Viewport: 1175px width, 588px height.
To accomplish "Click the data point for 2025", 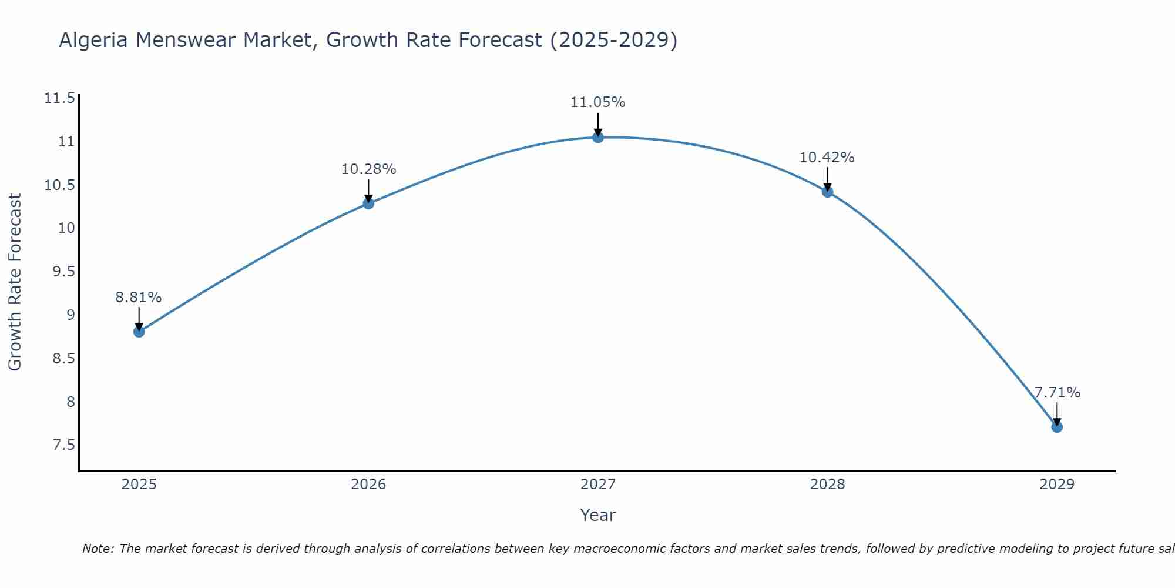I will (x=139, y=332).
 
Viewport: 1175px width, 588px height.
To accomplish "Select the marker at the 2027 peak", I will (x=598, y=138).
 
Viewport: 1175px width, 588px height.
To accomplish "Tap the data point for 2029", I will (x=1057, y=427).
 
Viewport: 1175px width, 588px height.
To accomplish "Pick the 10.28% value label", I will (x=368, y=169).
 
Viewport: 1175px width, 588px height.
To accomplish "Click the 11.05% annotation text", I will (x=597, y=102).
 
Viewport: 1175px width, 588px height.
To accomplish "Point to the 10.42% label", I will (x=827, y=158).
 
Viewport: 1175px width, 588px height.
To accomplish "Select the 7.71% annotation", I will (x=1057, y=393).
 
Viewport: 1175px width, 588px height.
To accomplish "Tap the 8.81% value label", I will (x=139, y=298).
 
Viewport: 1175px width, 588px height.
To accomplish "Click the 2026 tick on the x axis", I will (x=368, y=485).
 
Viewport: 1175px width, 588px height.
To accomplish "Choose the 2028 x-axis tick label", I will (x=827, y=485).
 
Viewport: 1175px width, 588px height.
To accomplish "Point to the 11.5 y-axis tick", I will (x=60, y=98).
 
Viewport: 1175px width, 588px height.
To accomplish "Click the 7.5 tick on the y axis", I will (x=64, y=445).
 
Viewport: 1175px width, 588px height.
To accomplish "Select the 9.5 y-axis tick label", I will (x=64, y=272).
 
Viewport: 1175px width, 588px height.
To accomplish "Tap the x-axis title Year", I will (x=597, y=515).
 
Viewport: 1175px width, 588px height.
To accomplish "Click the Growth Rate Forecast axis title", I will (x=15, y=282).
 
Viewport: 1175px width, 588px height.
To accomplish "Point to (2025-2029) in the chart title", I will (x=613, y=40).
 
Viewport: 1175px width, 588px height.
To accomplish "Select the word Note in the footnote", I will (x=98, y=549).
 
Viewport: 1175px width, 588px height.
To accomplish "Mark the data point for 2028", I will (x=827, y=192).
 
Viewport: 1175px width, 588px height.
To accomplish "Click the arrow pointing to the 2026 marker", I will (x=368, y=191).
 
